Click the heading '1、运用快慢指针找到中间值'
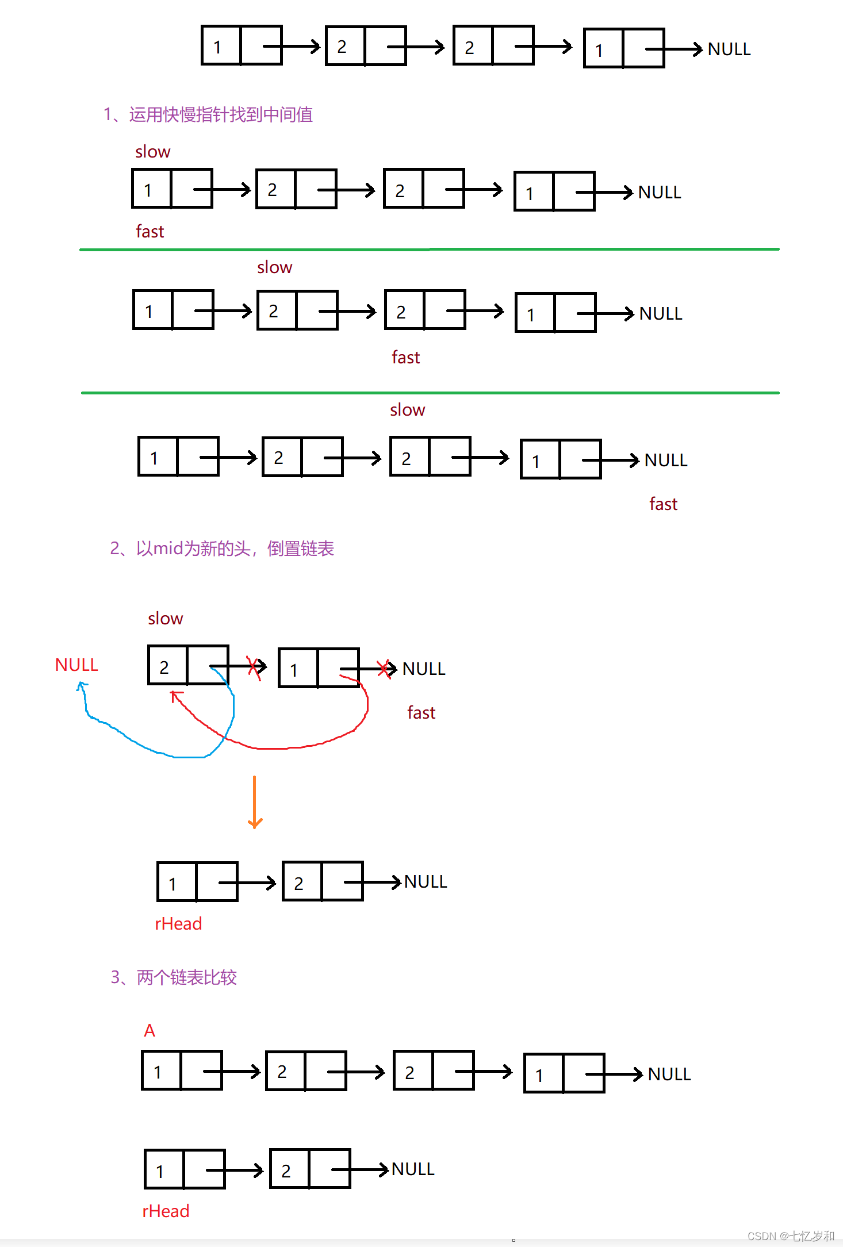[208, 114]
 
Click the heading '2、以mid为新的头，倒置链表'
[222, 548]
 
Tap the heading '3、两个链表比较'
[174, 977]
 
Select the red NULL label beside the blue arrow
[76, 665]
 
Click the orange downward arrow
[255, 802]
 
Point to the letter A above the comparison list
[150, 1031]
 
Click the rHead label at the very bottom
[166, 1211]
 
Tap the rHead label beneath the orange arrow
[178, 924]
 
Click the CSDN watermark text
[791, 1236]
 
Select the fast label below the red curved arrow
[421, 713]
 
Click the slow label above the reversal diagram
[166, 619]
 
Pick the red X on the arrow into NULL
[384, 669]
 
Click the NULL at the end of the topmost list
[729, 49]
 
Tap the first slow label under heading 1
[153, 152]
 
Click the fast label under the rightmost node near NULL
[663, 504]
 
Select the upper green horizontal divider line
[429, 250]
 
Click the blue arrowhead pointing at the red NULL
[82, 685]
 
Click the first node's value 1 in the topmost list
[217, 47]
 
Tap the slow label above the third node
[407, 410]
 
